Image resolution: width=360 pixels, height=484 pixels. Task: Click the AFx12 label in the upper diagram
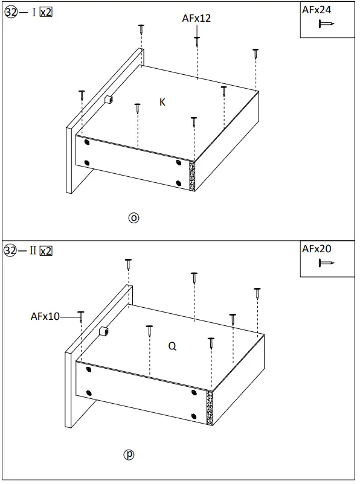coord(196,19)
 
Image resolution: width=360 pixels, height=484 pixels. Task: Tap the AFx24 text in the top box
coord(317,10)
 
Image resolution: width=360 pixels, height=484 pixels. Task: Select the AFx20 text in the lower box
coord(317,249)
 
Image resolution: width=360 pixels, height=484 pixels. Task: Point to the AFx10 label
coord(45,316)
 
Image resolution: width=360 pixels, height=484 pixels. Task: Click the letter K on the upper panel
coord(162,103)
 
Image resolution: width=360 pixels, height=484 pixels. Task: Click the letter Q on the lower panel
coord(172,346)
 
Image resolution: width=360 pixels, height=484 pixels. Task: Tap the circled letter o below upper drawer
coord(134,218)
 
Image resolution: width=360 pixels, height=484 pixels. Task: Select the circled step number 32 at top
coord(11,13)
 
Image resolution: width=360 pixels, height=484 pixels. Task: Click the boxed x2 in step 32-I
coord(45,13)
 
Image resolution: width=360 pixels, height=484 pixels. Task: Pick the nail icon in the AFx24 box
coord(327,24)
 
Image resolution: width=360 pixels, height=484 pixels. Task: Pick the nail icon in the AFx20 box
coord(327,263)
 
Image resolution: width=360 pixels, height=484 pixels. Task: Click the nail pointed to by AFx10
coord(81,316)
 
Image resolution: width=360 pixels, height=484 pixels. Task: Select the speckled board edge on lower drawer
coord(210,407)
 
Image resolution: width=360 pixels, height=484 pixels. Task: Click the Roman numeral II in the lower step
coord(33,250)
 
